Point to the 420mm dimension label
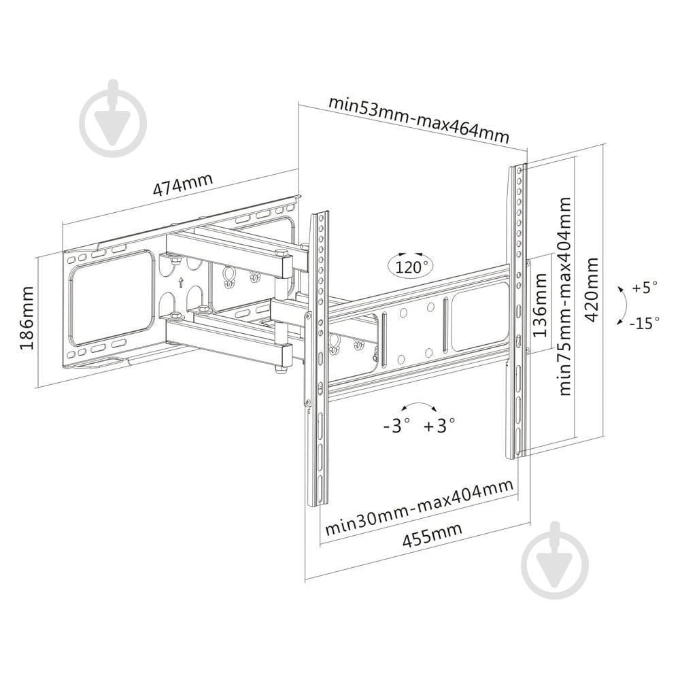tap(591, 289)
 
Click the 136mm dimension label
tap(540, 305)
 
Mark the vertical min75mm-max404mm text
tap(565, 296)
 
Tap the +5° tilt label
tap(645, 287)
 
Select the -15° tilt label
tap(645, 322)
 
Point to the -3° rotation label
tap(396, 426)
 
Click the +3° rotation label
tap(439, 426)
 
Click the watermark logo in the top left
tap(114, 118)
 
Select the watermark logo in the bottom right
tap(555, 560)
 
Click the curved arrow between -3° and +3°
tap(418, 403)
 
